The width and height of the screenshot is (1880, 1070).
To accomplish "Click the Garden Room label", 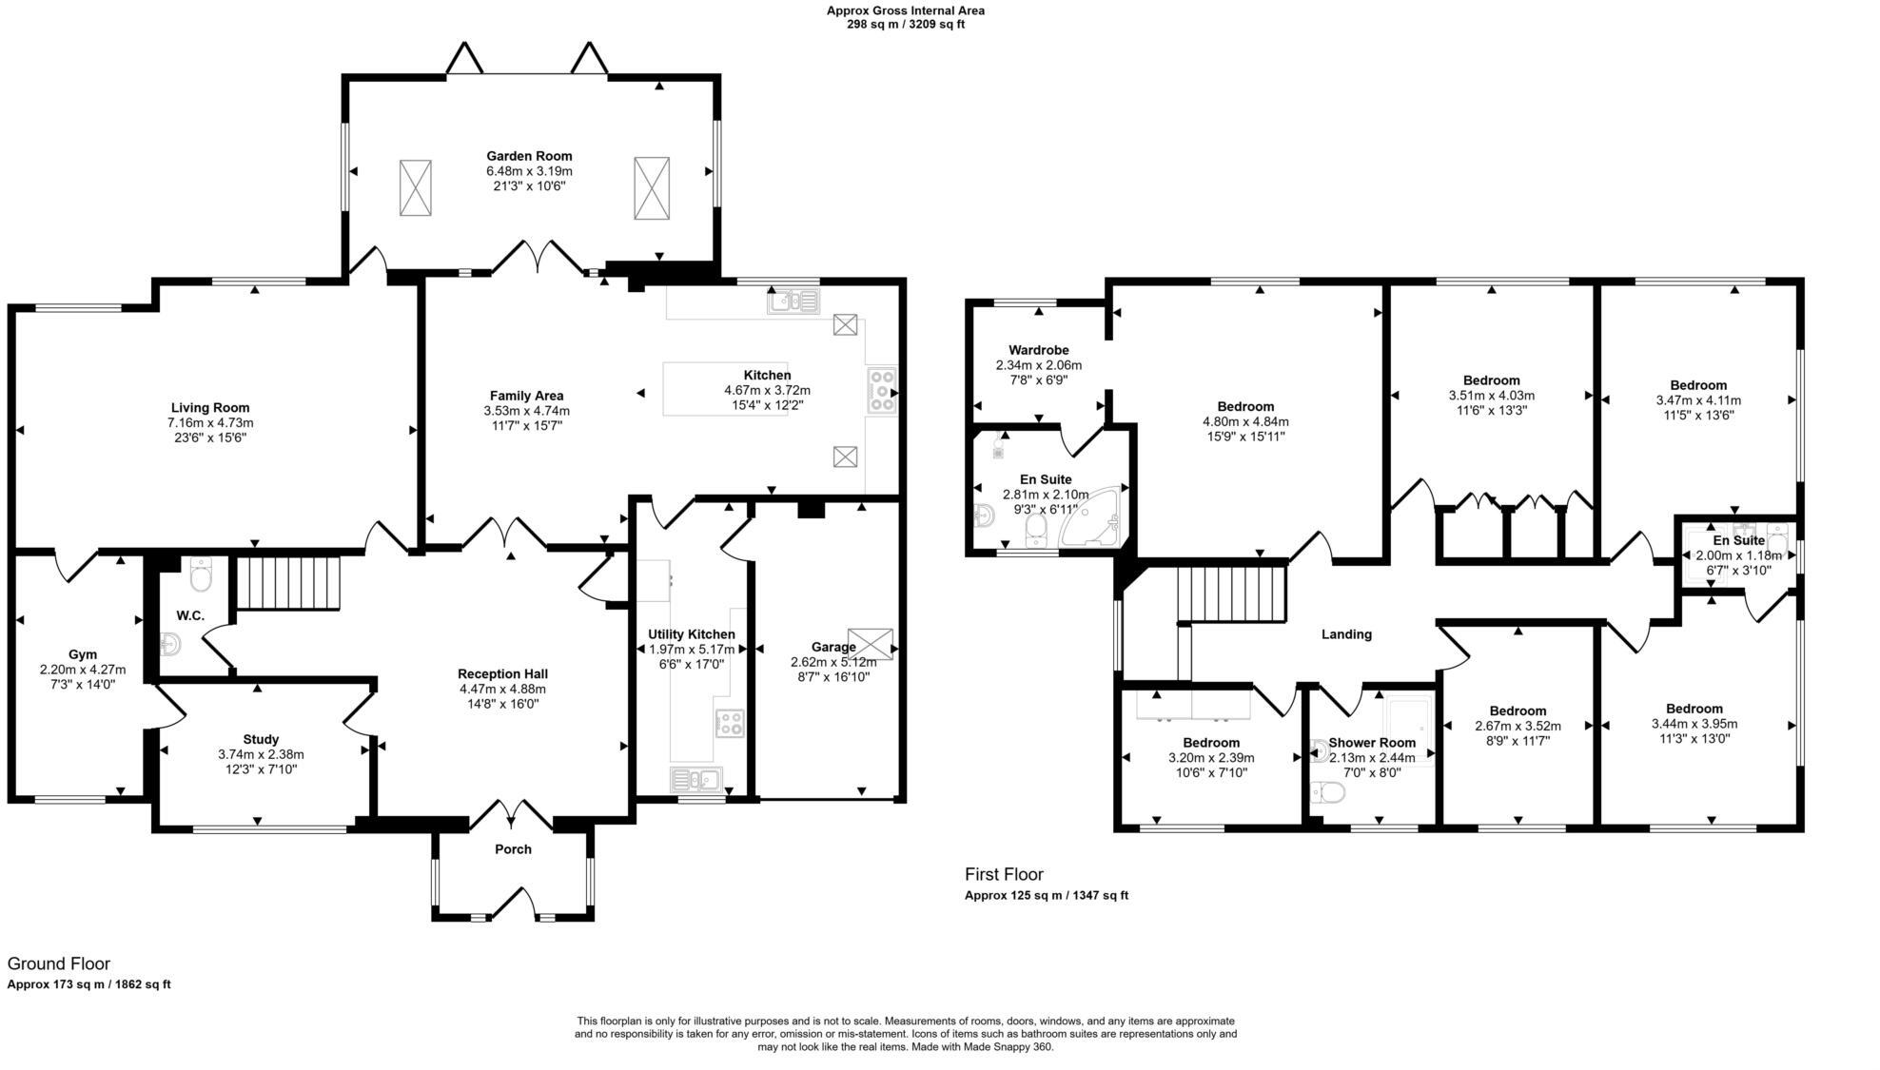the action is [x=529, y=156].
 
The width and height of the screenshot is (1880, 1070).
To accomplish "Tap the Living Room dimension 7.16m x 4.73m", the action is [x=210, y=423].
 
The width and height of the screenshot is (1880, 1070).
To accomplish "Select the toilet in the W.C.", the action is [x=200, y=574].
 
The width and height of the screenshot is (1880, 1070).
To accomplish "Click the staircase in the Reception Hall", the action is [x=287, y=583].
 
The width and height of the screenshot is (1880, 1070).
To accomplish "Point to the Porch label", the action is [x=513, y=849].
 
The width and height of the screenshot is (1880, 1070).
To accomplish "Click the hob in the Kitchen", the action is [x=882, y=390].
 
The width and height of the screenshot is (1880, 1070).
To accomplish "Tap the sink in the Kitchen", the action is [x=793, y=302].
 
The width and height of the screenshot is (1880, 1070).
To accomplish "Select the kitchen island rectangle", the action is [x=725, y=388].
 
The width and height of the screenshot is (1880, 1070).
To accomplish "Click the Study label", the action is [x=261, y=739].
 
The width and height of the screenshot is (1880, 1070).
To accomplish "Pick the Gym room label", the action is [x=83, y=654].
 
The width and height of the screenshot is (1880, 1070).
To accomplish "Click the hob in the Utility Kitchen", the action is [x=730, y=723].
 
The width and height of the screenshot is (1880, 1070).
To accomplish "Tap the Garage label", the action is [x=833, y=648].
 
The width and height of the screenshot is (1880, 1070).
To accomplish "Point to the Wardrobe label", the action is [x=1039, y=350].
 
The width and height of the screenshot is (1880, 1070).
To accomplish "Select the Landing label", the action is [x=1346, y=634].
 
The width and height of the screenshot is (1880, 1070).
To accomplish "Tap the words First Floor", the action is [x=1004, y=874].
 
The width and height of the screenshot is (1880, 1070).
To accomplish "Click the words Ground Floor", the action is [x=59, y=963].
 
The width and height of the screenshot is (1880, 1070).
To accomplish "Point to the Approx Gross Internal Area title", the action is [x=906, y=11].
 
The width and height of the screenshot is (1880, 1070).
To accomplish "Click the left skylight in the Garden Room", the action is [x=415, y=188].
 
